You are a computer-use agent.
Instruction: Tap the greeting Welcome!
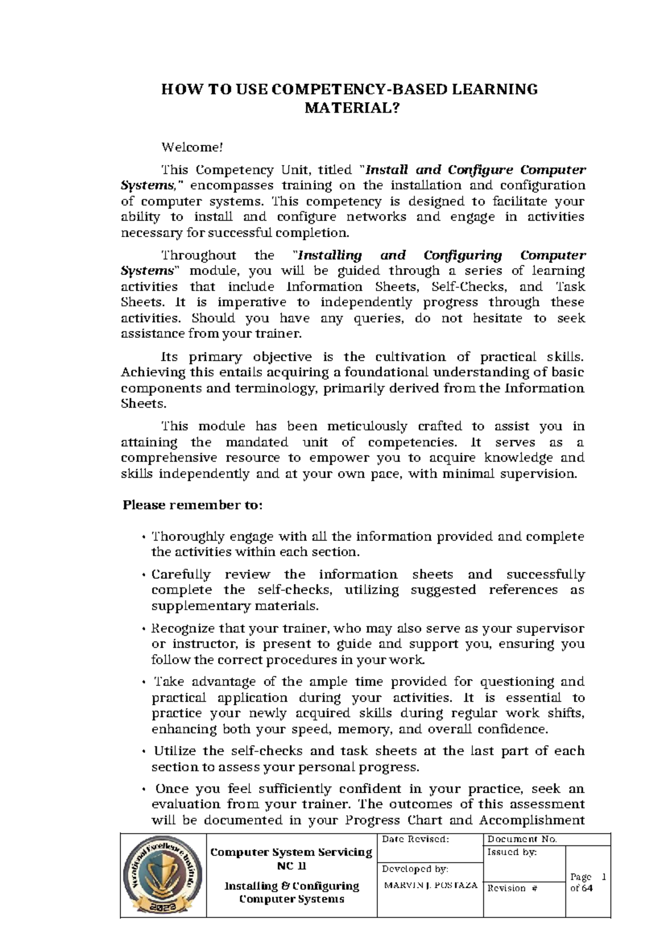click(x=191, y=147)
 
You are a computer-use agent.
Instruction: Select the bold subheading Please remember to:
click(x=192, y=505)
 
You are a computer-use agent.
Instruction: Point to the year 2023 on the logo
click(x=163, y=906)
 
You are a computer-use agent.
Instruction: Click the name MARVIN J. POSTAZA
click(x=430, y=885)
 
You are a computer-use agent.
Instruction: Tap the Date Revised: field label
click(x=415, y=839)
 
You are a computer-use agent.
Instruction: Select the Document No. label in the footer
click(x=522, y=839)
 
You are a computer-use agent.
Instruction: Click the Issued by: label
click(x=512, y=852)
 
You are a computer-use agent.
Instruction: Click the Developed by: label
click(x=415, y=869)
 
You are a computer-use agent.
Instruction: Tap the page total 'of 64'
click(x=581, y=888)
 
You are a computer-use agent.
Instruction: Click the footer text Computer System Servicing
click(x=291, y=852)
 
